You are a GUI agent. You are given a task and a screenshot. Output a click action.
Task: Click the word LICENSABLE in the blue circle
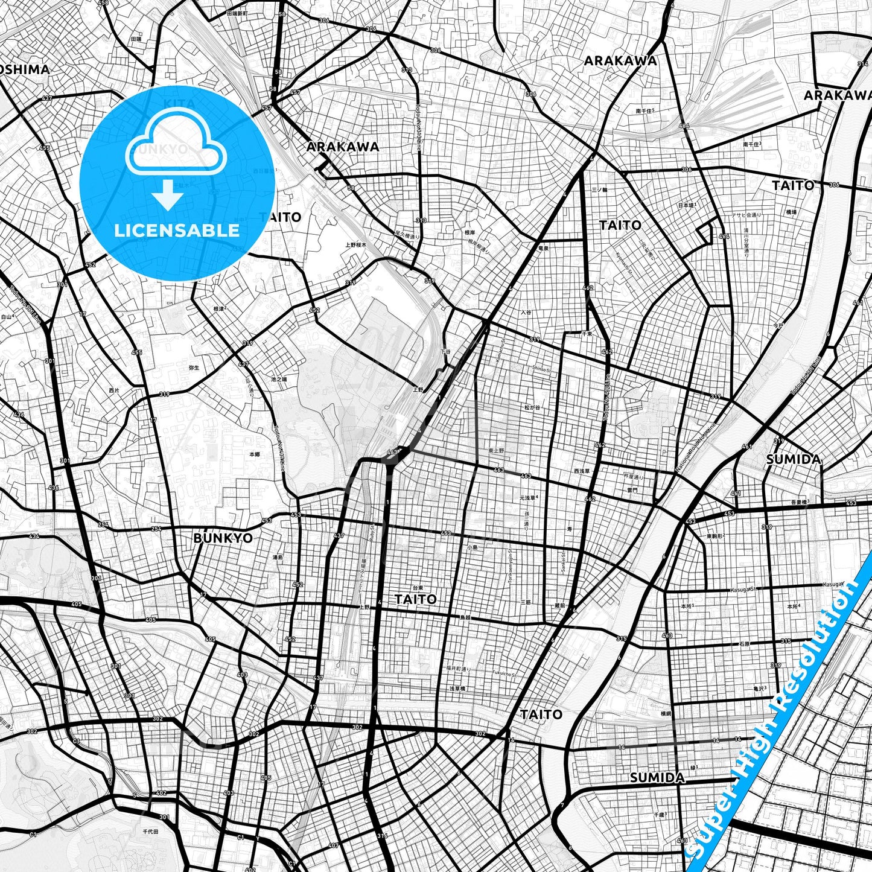pyautogui.click(x=177, y=230)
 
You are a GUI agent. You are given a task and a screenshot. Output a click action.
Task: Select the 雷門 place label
pyautogui.click(x=632, y=491)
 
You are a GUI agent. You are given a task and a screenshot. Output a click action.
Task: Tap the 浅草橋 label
pyautogui.click(x=457, y=688)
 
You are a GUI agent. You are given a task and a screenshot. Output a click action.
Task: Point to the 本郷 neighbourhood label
pyautogui.click(x=254, y=454)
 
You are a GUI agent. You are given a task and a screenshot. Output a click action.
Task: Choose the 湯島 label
pyautogui.click(x=278, y=557)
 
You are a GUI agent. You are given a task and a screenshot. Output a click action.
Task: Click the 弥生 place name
pyautogui.click(x=194, y=368)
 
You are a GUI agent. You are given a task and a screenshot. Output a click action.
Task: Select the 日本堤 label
pyautogui.click(x=686, y=205)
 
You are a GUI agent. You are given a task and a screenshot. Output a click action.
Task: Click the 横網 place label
pyautogui.click(x=665, y=713)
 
